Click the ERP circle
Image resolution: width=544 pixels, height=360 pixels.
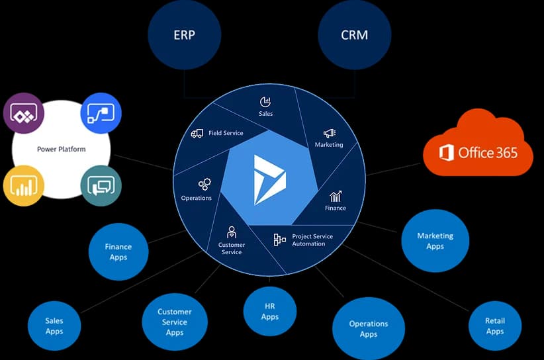(184, 35)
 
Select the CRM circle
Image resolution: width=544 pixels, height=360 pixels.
(354, 35)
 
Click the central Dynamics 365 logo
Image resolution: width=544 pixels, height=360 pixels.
(269, 179)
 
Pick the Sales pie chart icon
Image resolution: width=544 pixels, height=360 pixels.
(265, 102)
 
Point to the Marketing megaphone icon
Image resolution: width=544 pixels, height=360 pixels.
(330, 133)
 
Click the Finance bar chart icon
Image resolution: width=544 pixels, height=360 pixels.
(336, 197)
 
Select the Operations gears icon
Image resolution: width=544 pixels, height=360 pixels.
(204, 184)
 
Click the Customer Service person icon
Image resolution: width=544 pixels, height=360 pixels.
(232, 232)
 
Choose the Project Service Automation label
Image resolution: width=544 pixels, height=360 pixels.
(312, 240)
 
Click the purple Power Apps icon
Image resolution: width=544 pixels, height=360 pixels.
(23, 113)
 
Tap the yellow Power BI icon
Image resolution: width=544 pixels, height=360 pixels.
(23, 185)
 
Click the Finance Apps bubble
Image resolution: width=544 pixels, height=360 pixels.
(118, 252)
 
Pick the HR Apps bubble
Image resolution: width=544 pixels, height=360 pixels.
(270, 312)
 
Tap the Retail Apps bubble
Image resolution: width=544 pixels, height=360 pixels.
(495, 326)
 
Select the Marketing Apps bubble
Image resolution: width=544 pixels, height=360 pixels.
(435, 241)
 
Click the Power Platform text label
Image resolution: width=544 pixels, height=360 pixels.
(62, 149)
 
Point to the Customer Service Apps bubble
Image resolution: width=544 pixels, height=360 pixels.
(175, 322)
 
